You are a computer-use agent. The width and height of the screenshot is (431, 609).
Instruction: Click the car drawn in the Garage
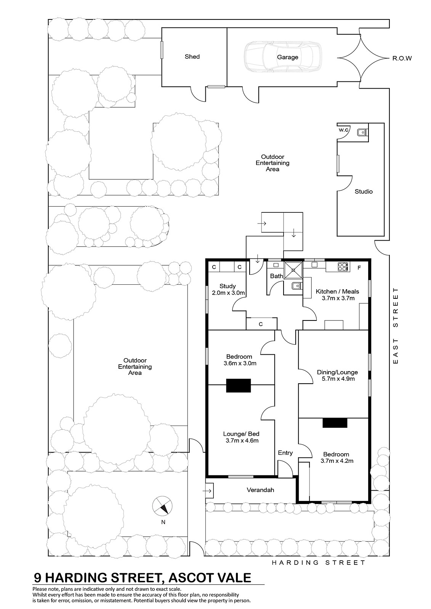click(283, 57)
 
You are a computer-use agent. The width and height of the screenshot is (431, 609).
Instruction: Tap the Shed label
click(192, 57)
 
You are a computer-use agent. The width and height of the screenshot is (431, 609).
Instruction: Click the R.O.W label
click(402, 58)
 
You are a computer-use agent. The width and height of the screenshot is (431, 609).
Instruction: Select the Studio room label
click(364, 191)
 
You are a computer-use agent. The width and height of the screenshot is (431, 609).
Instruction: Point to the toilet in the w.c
click(362, 132)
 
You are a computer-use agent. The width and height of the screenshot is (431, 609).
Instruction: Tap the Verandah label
click(260, 490)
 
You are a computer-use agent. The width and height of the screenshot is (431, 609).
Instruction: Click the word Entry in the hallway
click(285, 453)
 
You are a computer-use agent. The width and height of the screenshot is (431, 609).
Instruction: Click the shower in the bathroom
click(293, 270)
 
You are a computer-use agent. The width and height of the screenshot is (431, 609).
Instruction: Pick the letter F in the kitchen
click(359, 268)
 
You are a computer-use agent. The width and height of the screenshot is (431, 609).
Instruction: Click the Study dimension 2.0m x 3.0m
click(228, 293)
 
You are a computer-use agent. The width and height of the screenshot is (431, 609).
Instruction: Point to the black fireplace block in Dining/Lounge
click(335, 423)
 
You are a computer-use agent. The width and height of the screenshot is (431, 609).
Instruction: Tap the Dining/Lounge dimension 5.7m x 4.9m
click(338, 379)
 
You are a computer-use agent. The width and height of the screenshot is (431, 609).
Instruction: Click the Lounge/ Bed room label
click(241, 434)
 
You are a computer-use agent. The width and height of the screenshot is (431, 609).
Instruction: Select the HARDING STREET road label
click(318, 563)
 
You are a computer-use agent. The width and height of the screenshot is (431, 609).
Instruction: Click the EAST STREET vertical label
click(396, 326)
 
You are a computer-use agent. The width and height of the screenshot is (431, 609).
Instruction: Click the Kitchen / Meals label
click(337, 292)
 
